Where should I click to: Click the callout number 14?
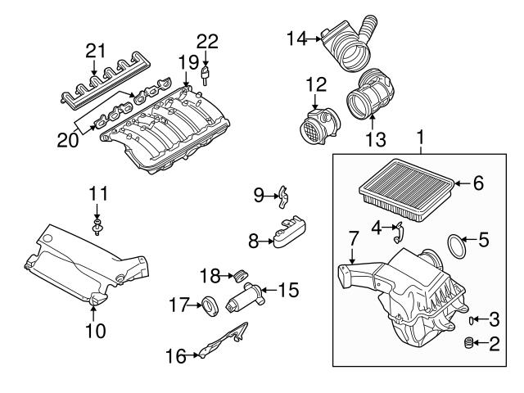(296, 37)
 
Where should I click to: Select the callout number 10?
(96, 331)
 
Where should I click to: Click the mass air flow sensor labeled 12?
(316, 122)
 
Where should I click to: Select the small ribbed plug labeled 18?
(242, 274)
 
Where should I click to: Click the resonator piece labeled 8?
(290, 233)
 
